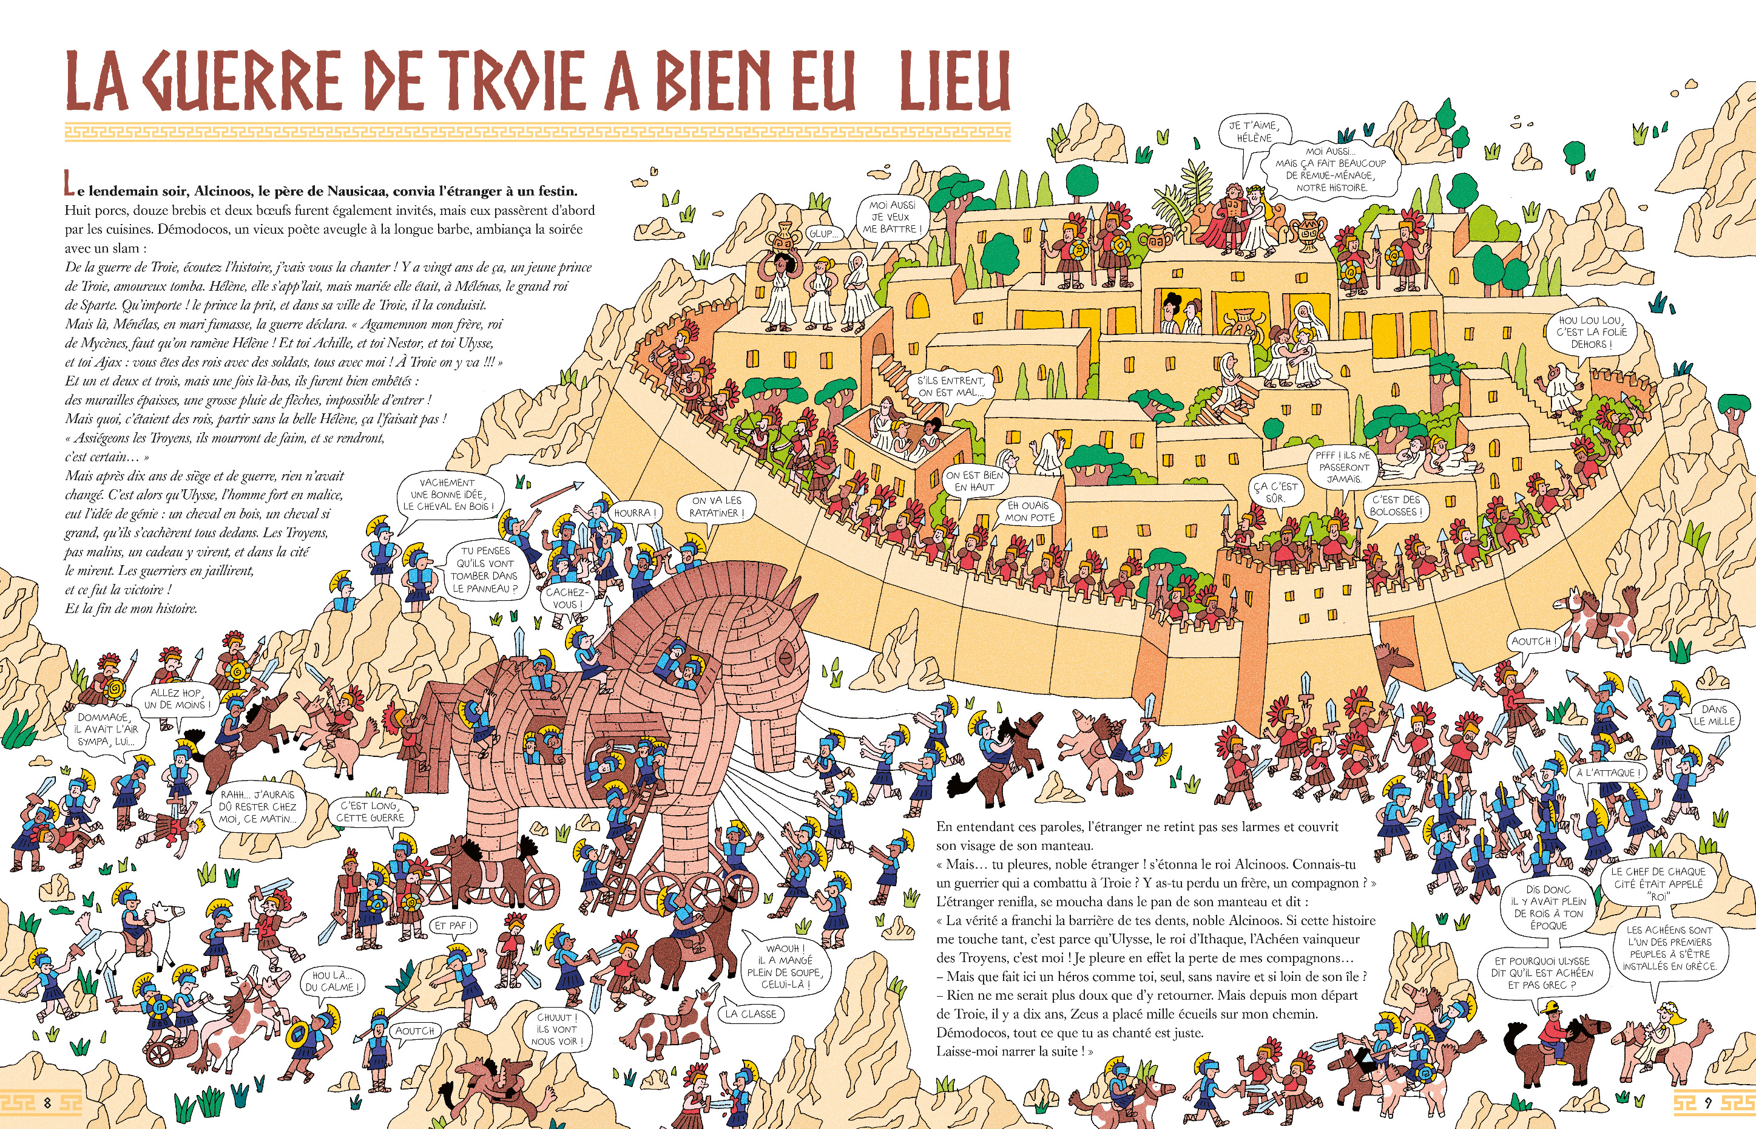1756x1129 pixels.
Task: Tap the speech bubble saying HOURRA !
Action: click(x=635, y=513)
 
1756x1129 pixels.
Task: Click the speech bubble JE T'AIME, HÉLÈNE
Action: click(x=1254, y=132)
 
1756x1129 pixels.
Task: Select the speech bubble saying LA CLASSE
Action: click(x=751, y=1014)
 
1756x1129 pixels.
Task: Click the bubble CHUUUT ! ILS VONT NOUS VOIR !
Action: click(x=558, y=1029)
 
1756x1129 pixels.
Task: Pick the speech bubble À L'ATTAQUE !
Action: click(x=1608, y=773)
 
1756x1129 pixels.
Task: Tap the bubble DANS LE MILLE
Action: click(x=1714, y=715)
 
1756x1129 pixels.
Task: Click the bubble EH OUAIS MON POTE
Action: click(x=1030, y=511)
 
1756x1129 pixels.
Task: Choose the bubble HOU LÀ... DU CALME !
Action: click(x=333, y=981)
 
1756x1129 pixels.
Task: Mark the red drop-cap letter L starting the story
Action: click(x=69, y=183)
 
